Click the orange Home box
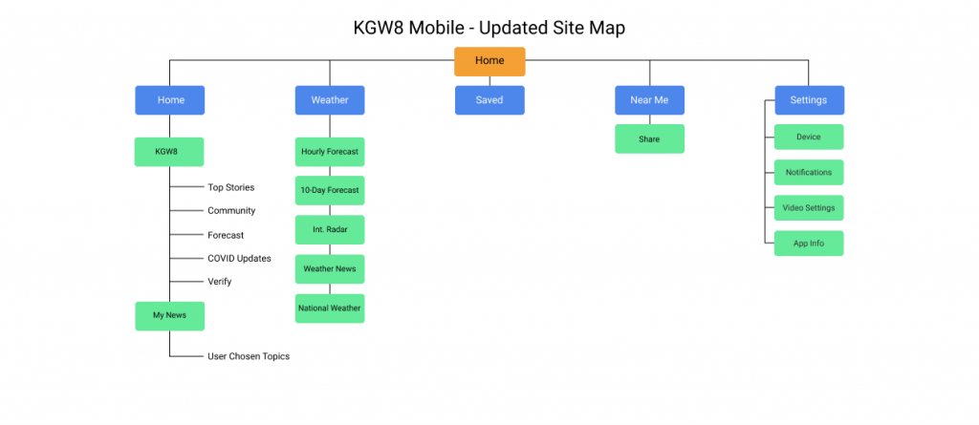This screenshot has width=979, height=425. click(489, 61)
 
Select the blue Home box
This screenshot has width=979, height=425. click(170, 100)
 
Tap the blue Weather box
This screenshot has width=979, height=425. click(330, 100)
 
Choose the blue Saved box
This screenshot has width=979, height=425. click(489, 100)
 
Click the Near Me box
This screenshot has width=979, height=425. click(649, 100)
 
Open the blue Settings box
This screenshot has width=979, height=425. click(809, 100)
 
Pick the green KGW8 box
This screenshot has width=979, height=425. click(169, 152)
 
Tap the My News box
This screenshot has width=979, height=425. click(170, 316)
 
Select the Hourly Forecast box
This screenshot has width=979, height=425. click(330, 152)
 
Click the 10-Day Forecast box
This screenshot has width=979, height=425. click(330, 190)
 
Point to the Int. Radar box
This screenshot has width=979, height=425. click(330, 229)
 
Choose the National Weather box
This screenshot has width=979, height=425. click(330, 308)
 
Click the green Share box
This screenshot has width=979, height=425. click(649, 138)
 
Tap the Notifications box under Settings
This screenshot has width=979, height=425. click(809, 172)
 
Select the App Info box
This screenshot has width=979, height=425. click(809, 244)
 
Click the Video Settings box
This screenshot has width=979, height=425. click(809, 208)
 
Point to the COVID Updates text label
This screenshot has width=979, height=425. click(239, 259)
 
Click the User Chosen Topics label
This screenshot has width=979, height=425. click(249, 356)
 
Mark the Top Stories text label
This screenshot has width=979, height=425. click(231, 187)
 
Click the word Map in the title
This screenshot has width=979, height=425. click(605, 28)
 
